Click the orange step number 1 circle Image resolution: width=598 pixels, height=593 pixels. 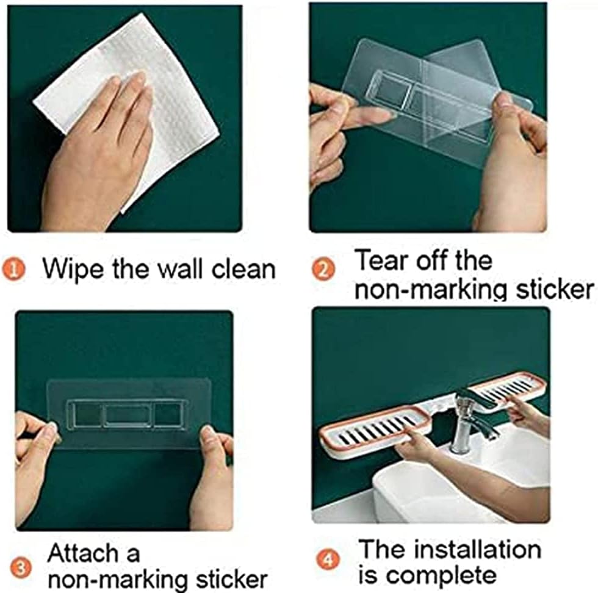coord(13,270)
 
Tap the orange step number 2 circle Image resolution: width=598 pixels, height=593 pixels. coord(323,270)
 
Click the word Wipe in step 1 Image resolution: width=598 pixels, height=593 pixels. coord(73,269)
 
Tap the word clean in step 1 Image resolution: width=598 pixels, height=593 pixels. coord(243,269)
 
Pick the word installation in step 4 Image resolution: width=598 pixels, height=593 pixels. coord(478,549)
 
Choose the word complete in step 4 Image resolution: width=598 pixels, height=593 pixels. coord(441,575)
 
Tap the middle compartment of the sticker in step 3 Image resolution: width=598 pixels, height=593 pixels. coord(128,414)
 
